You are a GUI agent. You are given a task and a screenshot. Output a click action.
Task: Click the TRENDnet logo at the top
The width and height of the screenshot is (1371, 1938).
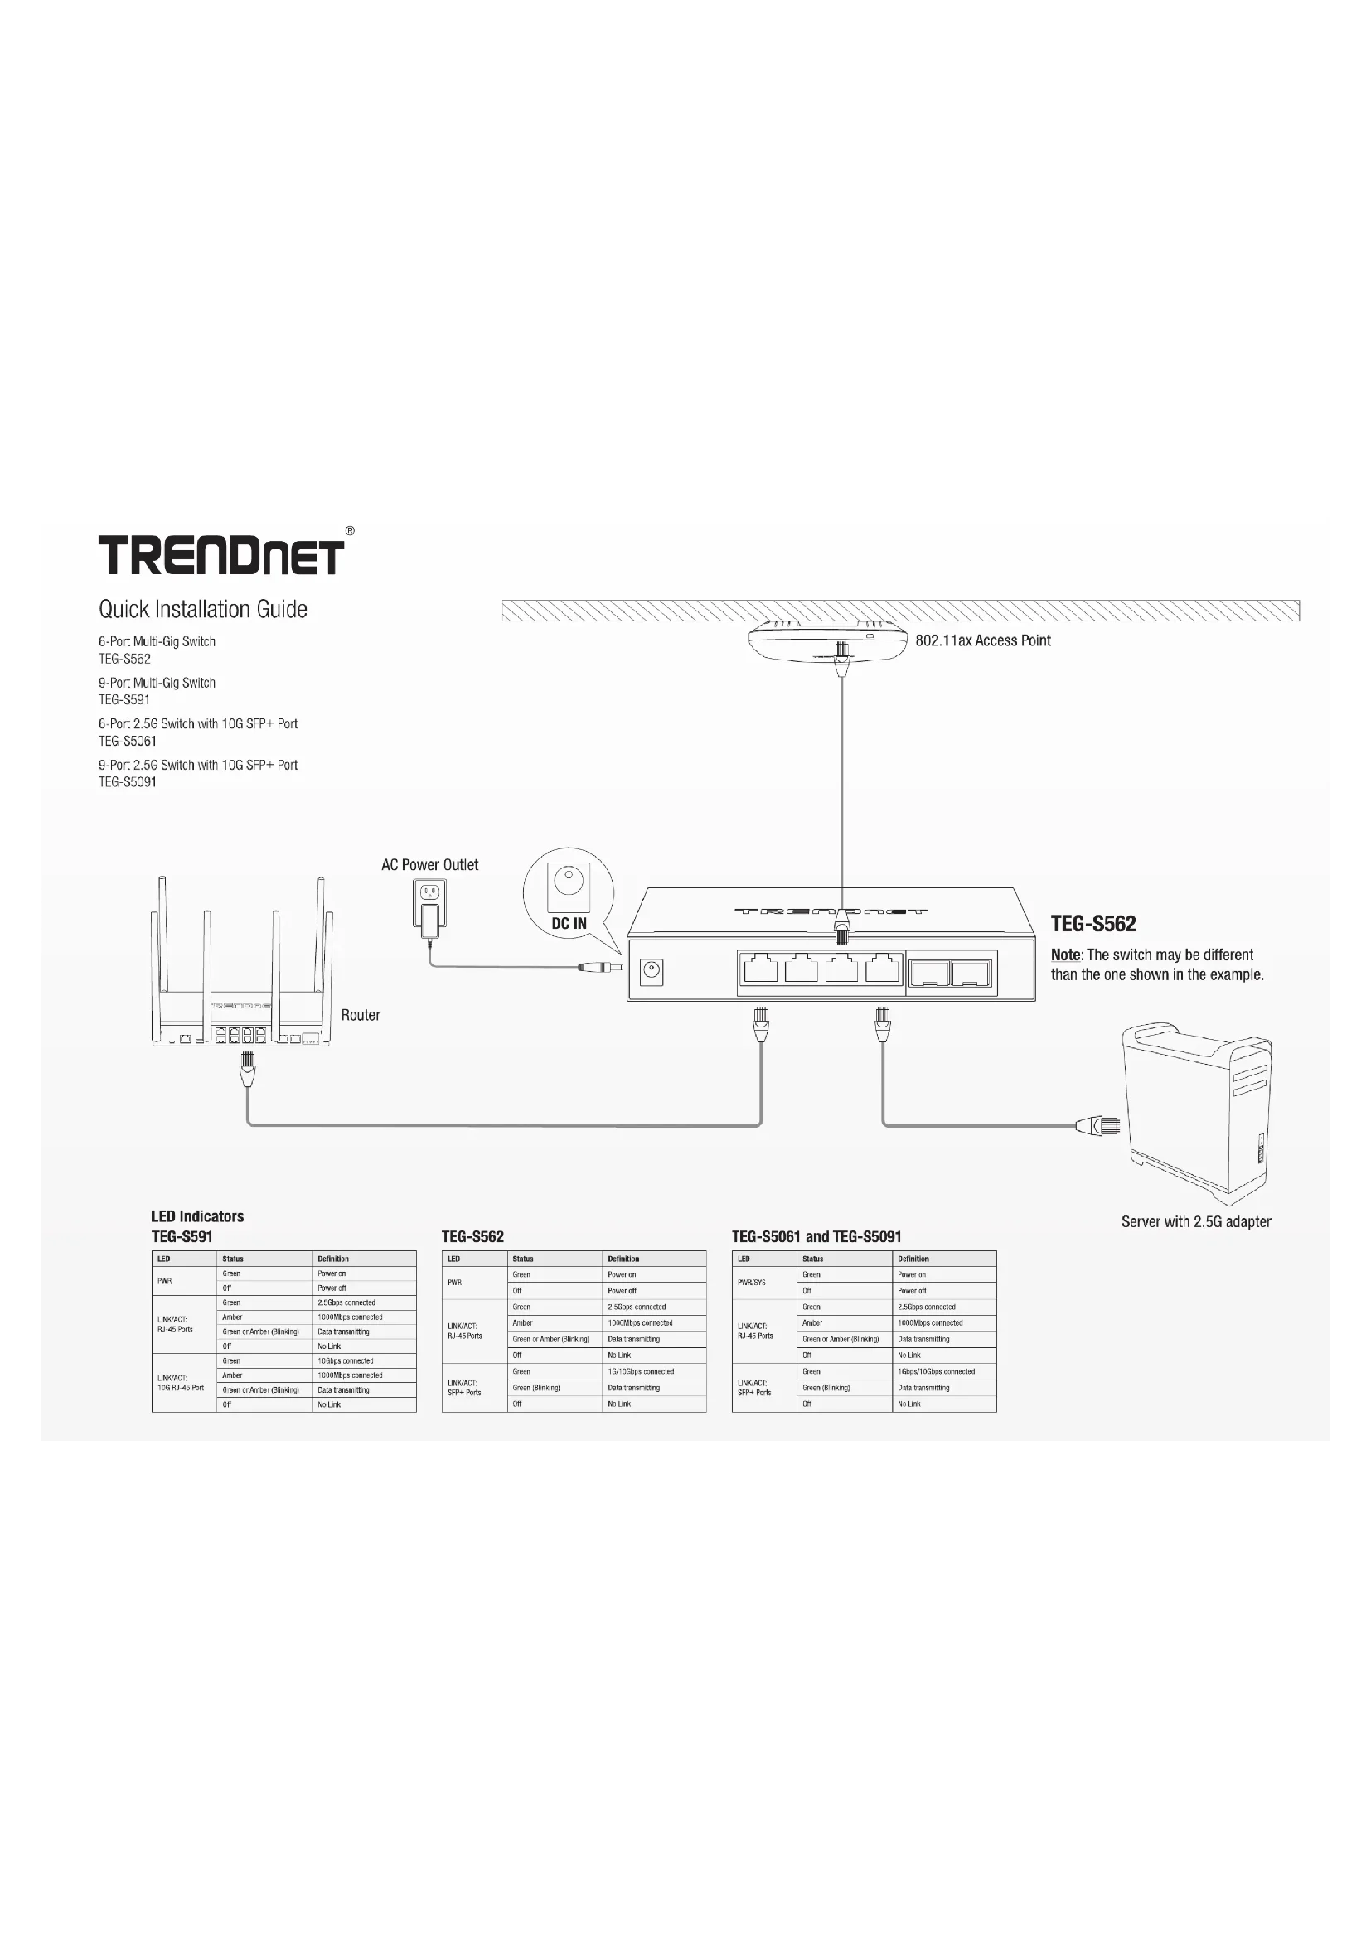click(x=221, y=555)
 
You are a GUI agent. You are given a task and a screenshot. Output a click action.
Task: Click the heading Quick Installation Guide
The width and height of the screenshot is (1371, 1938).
click(x=202, y=610)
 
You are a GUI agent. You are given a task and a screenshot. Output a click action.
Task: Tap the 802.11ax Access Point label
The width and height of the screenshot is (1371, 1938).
click(x=983, y=640)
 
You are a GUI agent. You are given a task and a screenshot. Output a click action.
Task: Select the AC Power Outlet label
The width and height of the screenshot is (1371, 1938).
click(x=429, y=864)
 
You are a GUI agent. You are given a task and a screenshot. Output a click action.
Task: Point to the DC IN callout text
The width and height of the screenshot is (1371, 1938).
click(x=569, y=923)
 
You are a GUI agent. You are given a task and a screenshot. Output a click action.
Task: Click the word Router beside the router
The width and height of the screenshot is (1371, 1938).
click(x=361, y=1015)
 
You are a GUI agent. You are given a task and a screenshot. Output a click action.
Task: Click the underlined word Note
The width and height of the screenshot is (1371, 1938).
click(x=1065, y=955)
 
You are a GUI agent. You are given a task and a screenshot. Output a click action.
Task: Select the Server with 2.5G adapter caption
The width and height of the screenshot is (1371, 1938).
click(x=1195, y=1221)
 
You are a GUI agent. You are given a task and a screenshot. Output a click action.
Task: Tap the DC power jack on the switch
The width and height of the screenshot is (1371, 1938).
click(x=651, y=973)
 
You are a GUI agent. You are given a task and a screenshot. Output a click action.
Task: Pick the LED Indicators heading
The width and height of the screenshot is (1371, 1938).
click(x=197, y=1216)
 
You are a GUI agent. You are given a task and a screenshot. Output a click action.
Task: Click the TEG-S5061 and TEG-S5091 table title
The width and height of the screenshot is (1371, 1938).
click(x=816, y=1236)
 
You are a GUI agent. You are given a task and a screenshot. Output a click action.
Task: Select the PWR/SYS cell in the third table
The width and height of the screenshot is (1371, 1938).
click(x=751, y=1282)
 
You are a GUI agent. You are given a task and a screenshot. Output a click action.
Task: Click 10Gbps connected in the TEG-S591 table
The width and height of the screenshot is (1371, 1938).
click(x=346, y=1360)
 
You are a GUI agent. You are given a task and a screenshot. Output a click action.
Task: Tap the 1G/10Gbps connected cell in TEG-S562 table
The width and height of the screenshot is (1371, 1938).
click(x=641, y=1371)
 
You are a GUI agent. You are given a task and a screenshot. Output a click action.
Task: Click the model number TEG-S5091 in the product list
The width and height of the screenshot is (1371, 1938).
click(x=128, y=781)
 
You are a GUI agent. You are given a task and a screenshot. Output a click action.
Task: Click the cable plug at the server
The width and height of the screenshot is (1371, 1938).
click(x=1097, y=1125)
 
